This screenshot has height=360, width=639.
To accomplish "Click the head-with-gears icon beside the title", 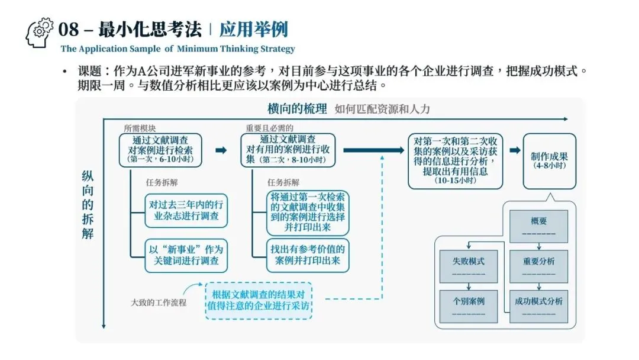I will [40, 33].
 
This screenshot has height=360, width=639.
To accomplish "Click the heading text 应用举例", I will [253, 29].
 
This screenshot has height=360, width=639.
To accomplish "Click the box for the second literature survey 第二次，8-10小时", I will [288, 150].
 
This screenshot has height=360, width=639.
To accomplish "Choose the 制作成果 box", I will [549, 160].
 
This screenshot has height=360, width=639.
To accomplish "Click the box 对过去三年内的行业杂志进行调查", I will [186, 210].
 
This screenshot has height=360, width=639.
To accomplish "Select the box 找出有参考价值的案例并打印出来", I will [308, 255].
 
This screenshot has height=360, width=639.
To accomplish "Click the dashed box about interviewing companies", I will [259, 301].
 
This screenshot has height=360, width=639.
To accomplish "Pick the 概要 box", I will [538, 226].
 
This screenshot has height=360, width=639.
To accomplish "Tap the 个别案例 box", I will [469, 306].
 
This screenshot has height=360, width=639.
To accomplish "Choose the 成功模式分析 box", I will [538, 306].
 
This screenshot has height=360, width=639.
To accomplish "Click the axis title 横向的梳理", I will [297, 109].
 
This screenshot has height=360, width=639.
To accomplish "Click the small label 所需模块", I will [140, 128].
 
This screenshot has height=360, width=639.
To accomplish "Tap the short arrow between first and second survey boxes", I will [221, 150].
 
